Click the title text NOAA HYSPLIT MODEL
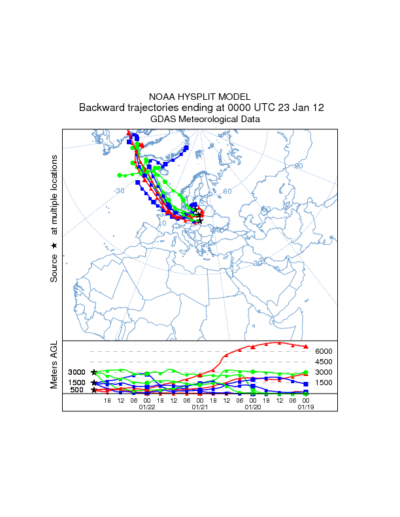(200, 96)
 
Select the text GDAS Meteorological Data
(200, 119)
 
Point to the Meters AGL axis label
(54, 365)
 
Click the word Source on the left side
(54, 268)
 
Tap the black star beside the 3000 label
(94, 372)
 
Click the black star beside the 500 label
(94, 390)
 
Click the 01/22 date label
(147, 407)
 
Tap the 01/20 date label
(252, 407)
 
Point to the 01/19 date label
(305, 407)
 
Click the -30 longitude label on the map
(118, 191)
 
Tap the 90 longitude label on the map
(299, 166)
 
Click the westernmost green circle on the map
(119, 175)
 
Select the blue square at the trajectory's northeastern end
(186, 148)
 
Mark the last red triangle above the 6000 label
(306, 346)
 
